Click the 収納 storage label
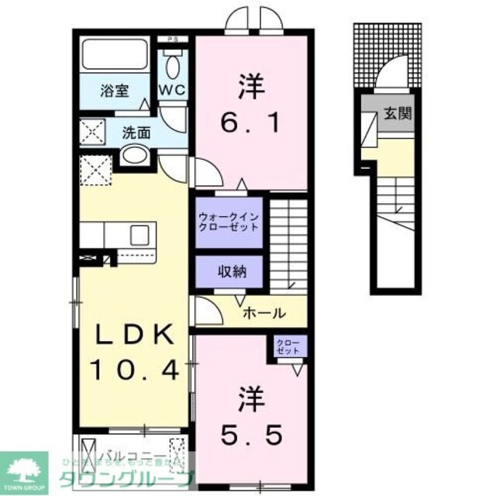coord(228,271)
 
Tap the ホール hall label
coord(264,313)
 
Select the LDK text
coord(133,336)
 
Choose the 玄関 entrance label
coord(397,114)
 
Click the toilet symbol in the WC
coord(173,64)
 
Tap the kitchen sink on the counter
coord(143,234)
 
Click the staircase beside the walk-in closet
coord(293,244)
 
